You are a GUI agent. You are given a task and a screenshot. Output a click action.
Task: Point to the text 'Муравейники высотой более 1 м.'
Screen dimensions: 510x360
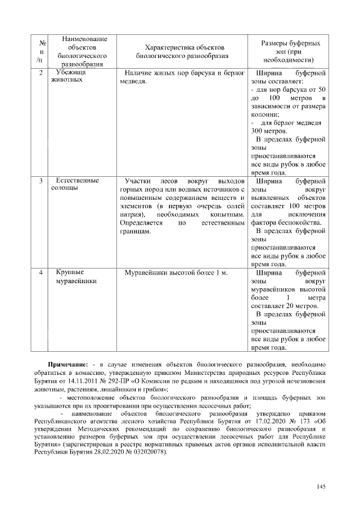(x=177, y=273)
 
